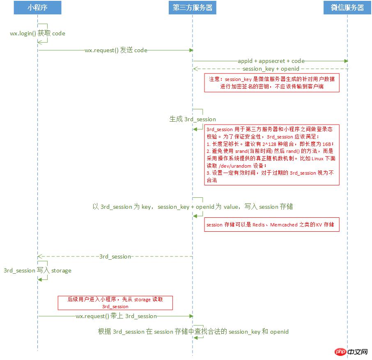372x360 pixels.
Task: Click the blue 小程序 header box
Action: click(x=37, y=8)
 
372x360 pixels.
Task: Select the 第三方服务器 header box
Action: click(x=192, y=8)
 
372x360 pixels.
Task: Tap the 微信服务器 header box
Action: click(x=347, y=8)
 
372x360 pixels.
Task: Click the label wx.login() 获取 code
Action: click(x=37, y=33)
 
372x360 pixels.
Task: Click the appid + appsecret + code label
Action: click(x=271, y=61)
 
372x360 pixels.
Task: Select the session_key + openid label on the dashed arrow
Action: click(x=271, y=69)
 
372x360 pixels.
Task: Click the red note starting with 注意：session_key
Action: click(x=272, y=83)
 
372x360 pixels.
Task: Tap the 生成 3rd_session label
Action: click(x=193, y=119)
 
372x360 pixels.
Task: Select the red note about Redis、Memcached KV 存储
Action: click(x=272, y=224)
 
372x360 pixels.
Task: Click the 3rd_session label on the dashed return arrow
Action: click(x=115, y=256)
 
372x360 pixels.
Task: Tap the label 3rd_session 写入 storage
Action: click(x=37, y=270)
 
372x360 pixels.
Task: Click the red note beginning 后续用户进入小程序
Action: click(x=115, y=302)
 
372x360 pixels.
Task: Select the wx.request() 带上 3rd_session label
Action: click(x=116, y=316)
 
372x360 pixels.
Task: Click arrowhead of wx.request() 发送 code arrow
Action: click(x=191, y=50)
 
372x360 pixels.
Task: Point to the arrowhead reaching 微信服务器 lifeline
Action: click(x=346, y=61)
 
